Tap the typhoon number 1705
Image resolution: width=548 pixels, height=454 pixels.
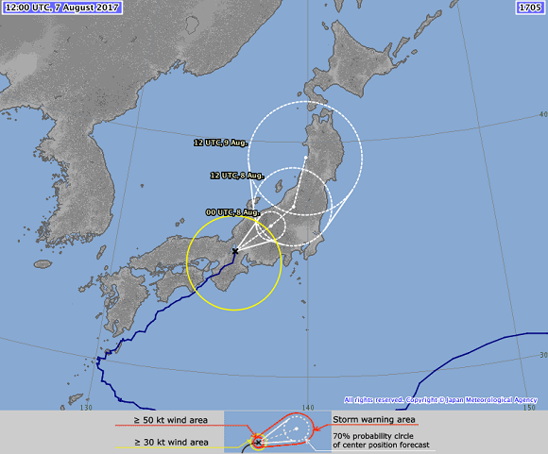tap(530, 8)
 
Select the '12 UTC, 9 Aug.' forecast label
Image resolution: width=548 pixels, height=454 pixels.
tap(219, 143)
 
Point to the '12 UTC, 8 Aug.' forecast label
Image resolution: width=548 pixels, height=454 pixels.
tap(237, 176)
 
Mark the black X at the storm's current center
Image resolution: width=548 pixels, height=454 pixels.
tap(234, 251)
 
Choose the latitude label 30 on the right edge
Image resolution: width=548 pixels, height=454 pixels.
tap(541, 355)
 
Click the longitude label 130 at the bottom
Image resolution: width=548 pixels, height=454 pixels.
tap(87, 408)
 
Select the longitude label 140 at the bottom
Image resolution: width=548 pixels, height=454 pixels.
tap(306, 408)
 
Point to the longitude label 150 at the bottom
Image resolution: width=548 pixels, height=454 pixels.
tap(528, 408)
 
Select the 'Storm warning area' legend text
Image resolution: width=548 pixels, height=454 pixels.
tap(375, 419)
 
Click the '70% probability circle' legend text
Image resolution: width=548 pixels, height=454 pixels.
tap(378, 434)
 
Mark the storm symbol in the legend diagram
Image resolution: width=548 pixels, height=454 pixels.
tap(257, 441)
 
